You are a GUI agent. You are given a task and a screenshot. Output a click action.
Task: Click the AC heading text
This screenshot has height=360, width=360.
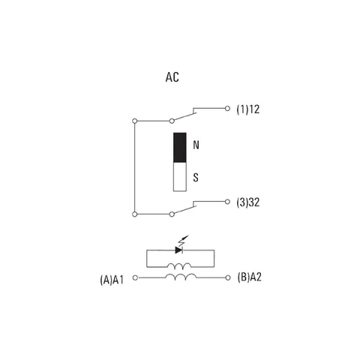click(x=172, y=77)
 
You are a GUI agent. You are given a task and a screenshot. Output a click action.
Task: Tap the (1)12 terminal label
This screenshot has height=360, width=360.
click(x=248, y=109)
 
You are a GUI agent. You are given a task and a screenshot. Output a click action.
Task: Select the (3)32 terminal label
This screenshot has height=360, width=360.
click(x=248, y=202)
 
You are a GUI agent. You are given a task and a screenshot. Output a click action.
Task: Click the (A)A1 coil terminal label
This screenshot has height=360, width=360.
click(x=112, y=280)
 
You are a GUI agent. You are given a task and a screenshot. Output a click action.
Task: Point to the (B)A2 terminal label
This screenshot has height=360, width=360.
click(x=249, y=277)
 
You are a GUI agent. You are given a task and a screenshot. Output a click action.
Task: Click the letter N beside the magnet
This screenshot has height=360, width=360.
click(x=196, y=145)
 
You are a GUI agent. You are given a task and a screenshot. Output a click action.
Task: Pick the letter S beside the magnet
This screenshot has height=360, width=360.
click(x=196, y=177)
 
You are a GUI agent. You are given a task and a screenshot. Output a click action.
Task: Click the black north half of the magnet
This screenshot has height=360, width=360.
click(x=180, y=148)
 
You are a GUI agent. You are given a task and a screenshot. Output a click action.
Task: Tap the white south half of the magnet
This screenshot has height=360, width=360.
click(x=180, y=177)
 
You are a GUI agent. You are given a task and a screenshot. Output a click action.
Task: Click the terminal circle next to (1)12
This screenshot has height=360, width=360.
click(x=227, y=109)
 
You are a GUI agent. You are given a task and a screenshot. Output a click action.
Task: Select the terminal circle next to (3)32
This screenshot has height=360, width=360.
click(x=227, y=202)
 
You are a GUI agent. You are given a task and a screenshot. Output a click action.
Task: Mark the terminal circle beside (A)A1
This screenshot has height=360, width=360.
click(x=135, y=277)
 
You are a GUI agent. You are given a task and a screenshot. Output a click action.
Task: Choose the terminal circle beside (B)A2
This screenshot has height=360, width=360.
click(x=228, y=277)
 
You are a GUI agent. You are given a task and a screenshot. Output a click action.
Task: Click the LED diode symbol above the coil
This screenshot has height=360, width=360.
click(x=179, y=250)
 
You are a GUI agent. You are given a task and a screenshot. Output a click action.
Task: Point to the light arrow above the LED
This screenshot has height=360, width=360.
click(x=183, y=241)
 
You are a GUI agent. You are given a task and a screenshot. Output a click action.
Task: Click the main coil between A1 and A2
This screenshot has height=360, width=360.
click(x=181, y=276)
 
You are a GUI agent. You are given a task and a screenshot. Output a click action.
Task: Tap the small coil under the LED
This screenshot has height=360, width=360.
click(x=179, y=265)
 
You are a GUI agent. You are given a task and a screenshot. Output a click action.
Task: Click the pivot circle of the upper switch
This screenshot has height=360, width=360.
click(x=172, y=121)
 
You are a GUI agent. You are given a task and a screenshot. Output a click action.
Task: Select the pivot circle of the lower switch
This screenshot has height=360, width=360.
click(x=172, y=214)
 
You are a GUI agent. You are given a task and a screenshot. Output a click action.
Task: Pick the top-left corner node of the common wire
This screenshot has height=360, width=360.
click(x=135, y=121)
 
